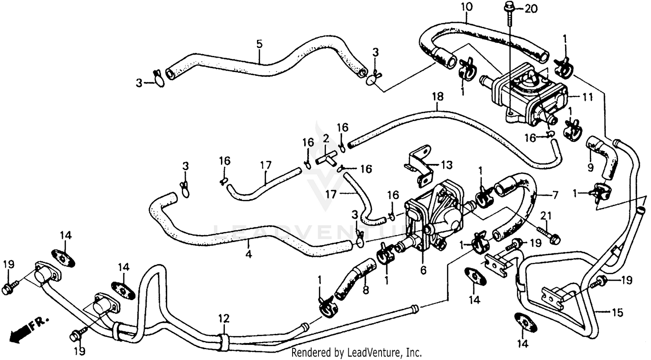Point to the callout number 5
[259, 44]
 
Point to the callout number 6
[423, 271]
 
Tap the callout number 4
[248, 255]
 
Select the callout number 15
[618, 312]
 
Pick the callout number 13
[447, 165]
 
